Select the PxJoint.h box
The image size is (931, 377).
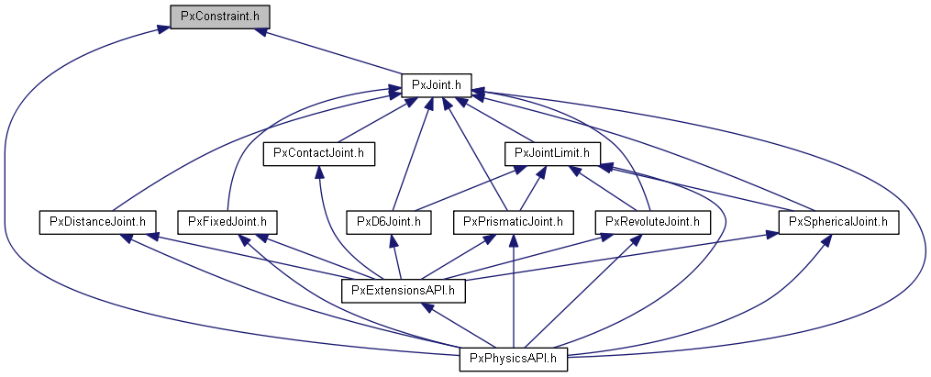pos(437,85)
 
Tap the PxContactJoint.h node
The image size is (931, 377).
pos(319,153)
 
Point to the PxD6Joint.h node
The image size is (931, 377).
pos(389,221)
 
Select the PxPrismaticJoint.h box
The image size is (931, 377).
pos(514,221)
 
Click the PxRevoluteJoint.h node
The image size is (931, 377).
pos(652,221)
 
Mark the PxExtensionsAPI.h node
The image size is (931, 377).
pos(405,291)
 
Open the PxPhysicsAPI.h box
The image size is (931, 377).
pos(514,359)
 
